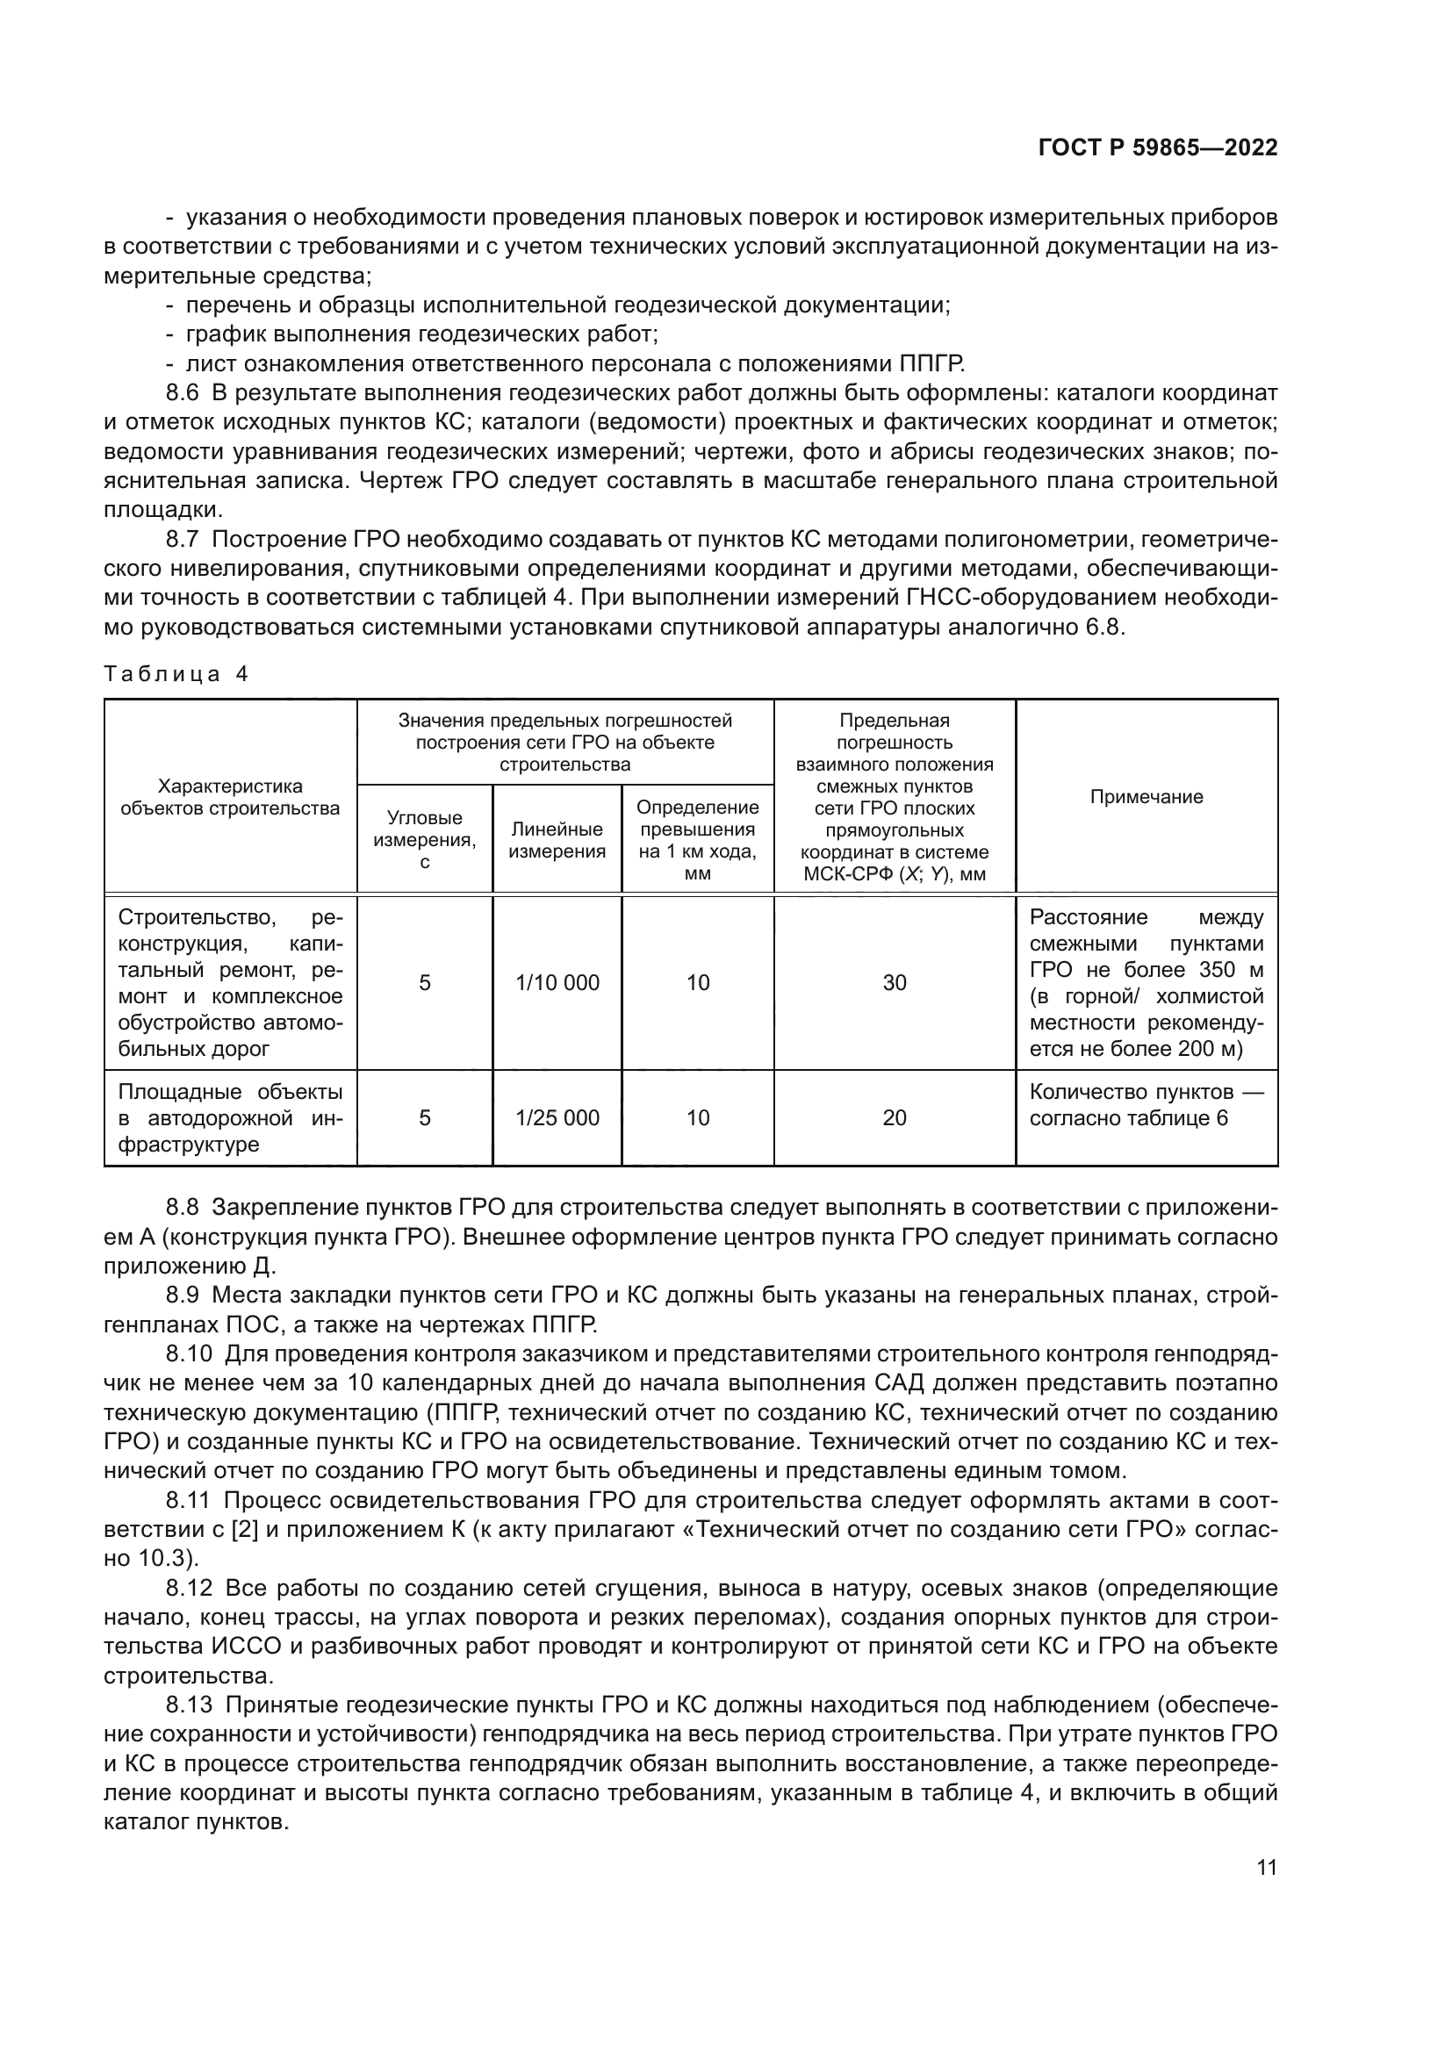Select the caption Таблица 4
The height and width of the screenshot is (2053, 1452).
click(x=176, y=674)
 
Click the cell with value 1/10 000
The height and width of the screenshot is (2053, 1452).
click(x=557, y=983)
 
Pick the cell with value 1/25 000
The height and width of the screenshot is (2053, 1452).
click(x=557, y=1117)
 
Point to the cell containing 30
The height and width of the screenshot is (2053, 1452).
click(x=894, y=983)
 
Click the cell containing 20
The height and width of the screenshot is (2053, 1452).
click(x=894, y=1117)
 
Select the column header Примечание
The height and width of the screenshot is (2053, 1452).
click(x=1147, y=797)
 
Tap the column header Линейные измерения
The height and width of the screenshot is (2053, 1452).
click(x=557, y=840)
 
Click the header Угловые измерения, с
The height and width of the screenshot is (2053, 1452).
click(x=425, y=840)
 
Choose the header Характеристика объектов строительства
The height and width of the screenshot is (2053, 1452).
click(x=230, y=797)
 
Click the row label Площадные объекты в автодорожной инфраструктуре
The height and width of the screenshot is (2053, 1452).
click(x=230, y=1117)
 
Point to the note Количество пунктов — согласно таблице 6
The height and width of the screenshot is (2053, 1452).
click(x=1147, y=1105)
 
